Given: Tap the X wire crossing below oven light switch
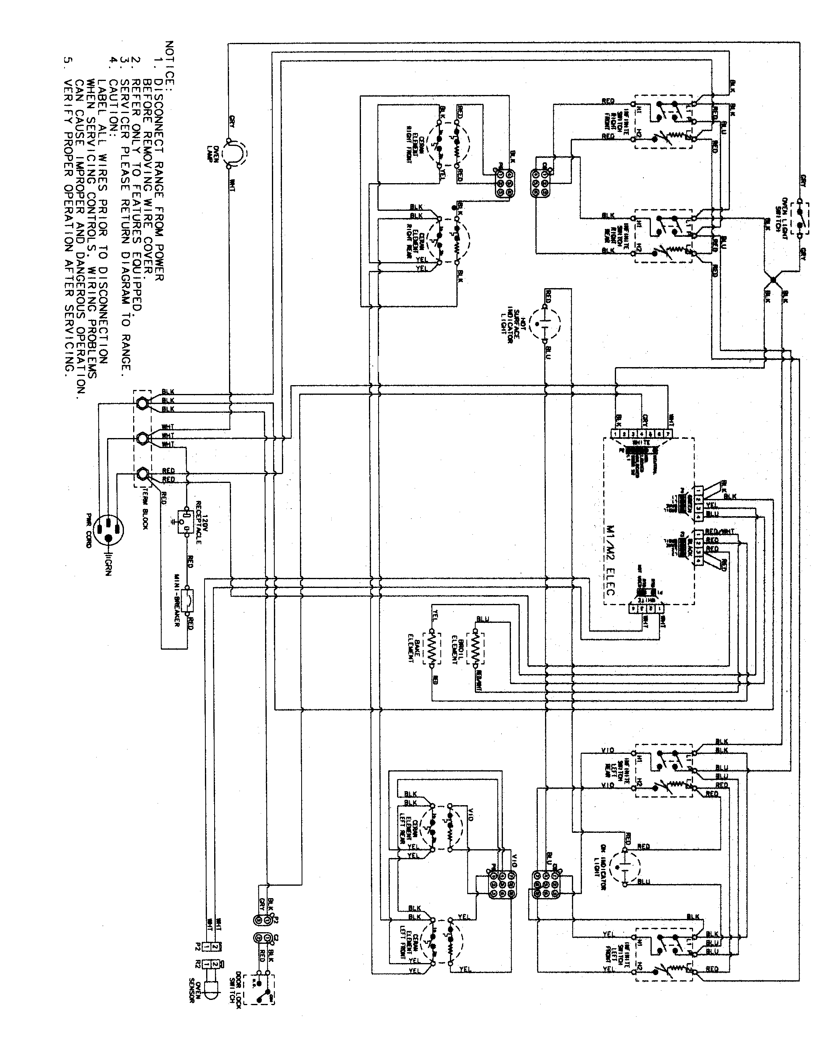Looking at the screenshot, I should (x=773, y=280).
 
